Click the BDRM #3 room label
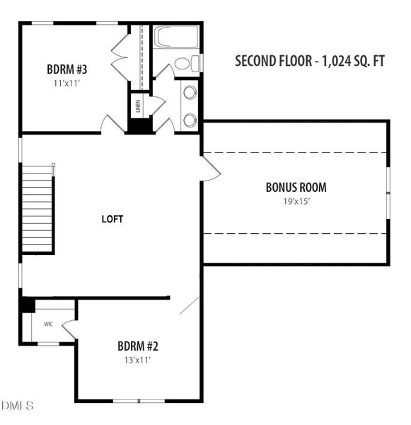pos(66,70)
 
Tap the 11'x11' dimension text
pos(66,84)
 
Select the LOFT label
pos(112,220)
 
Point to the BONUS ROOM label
pos(296,188)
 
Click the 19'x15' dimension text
pos(296,201)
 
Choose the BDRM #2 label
pos(137,346)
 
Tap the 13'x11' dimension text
pos(137,360)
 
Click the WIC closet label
pos(49,324)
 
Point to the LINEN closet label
pos(138,106)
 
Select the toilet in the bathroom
pos(185,64)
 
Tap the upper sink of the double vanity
pos(190,92)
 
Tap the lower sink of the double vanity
pos(190,120)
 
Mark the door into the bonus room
pos(211,169)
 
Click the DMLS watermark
pos(18,406)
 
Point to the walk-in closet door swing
pos(69,329)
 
